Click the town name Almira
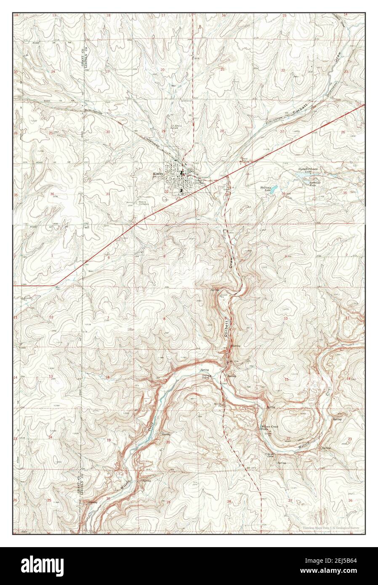(x=159, y=173)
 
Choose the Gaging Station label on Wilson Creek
(x=206, y=377)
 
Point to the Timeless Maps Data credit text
(x=333, y=527)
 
